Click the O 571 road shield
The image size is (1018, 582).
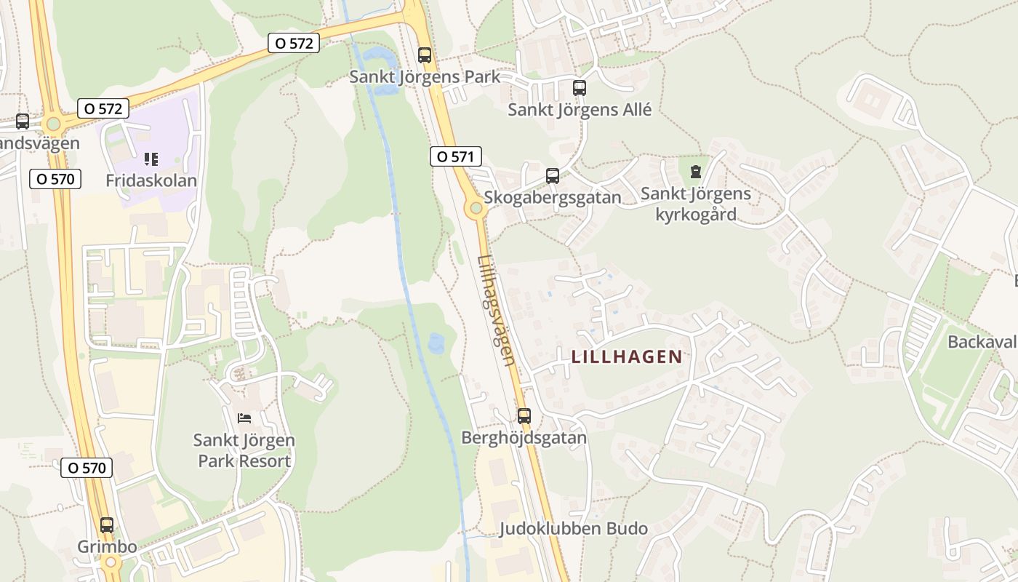tap(456, 156)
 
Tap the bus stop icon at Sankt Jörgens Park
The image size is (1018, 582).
tap(425, 55)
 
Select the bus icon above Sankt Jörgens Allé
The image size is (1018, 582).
tap(579, 88)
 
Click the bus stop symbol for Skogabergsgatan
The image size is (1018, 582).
tap(553, 175)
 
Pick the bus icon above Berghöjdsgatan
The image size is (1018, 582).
tap(524, 416)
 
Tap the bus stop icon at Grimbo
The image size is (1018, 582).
tap(107, 525)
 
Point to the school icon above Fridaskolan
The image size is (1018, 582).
tap(151, 159)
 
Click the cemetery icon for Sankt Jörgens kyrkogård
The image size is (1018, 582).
tap(696, 172)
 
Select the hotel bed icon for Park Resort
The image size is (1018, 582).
tap(244, 418)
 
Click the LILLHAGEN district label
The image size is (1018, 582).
tap(627, 356)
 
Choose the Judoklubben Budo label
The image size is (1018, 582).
tap(573, 529)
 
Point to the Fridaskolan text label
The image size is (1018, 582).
tap(151, 180)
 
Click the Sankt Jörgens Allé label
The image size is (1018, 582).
tap(580, 111)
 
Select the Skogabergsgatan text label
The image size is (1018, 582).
tap(553, 197)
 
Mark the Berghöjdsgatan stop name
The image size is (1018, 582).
tap(524, 438)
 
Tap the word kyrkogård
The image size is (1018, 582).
tap(696, 215)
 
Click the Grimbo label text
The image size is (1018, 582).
tap(107, 547)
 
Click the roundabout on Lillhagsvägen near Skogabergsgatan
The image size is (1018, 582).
tap(476, 210)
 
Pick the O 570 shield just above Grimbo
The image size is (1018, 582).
tap(87, 468)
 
